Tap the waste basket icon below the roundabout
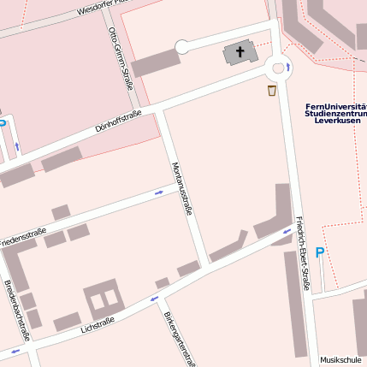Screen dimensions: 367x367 tap(272, 90)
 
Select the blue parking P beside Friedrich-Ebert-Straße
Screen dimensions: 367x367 tap(320, 252)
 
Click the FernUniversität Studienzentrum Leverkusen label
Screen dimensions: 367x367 tap(335, 114)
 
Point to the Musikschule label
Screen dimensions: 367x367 tap(340, 360)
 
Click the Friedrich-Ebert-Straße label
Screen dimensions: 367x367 tap(301, 252)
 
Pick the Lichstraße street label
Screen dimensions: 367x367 tap(97, 327)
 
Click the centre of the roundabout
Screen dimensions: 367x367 tap(278, 68)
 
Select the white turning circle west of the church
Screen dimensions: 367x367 tap(181, 47)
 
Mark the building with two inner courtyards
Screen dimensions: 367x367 tap(103, 299)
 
